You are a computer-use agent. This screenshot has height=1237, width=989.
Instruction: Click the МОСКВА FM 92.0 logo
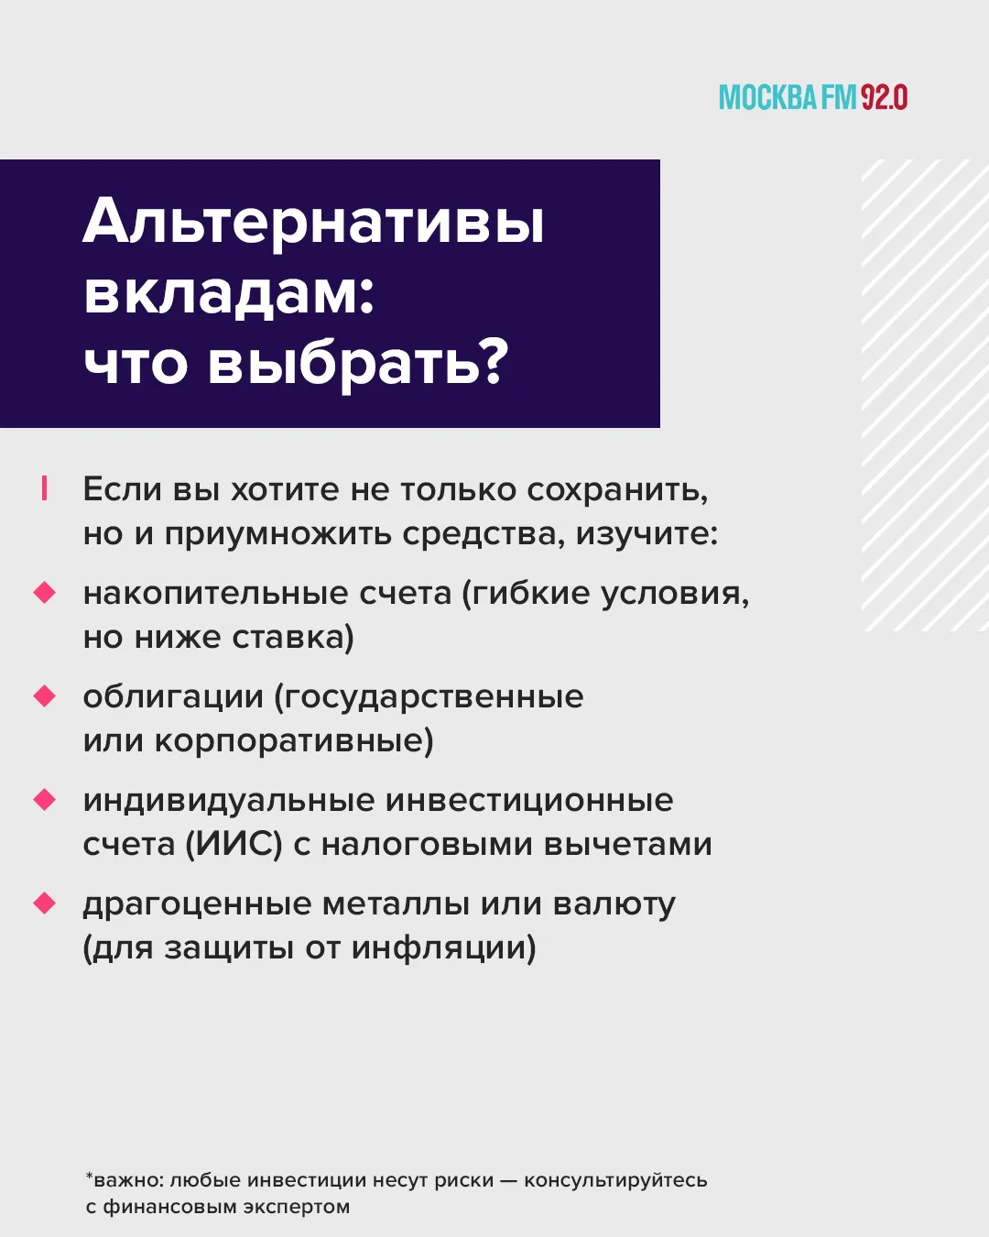coord(813,97)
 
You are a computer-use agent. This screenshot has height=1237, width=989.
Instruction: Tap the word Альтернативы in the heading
coord(314,223)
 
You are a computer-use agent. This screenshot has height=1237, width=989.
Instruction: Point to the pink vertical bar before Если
coord(44,488)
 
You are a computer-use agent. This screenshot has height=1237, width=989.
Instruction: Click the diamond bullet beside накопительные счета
coord(44,593)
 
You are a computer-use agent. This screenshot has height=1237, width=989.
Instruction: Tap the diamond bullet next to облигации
coord(44,696)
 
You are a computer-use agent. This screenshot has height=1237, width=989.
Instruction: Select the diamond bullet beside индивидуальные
coord(44,800)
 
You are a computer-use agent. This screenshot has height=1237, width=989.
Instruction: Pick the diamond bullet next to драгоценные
coord(44,903)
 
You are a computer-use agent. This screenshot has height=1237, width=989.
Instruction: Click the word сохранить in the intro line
coord(618,490)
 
